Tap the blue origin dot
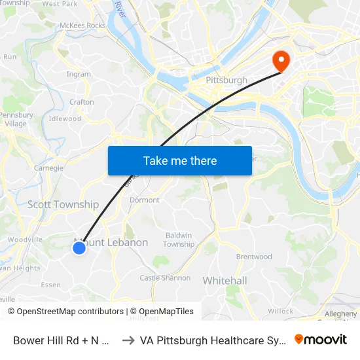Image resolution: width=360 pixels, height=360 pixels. pos(79,247)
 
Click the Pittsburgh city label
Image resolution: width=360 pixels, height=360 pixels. pos(226,81)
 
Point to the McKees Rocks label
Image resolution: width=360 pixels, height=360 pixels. pos(82,26)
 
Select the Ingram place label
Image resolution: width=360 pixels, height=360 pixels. pos(79,75)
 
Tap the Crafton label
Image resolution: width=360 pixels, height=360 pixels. pos(82,102)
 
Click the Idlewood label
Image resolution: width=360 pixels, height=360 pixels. pos(65,119)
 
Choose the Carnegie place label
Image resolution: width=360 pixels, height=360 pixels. pos(48,168)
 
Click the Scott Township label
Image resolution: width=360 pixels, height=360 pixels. pos(63,205)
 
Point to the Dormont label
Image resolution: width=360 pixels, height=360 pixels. pos(145,200)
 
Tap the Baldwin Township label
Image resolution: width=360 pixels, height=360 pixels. pos(179,240)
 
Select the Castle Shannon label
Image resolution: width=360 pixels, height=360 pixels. pos(165,278)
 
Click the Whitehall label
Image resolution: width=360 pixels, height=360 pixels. pos(225,281)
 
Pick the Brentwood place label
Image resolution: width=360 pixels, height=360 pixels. pos(254,257)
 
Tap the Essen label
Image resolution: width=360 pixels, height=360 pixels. pos(51,285)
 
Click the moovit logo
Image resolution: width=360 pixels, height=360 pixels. pos(321,339)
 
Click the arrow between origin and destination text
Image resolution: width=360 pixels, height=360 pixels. pos(129,340)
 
